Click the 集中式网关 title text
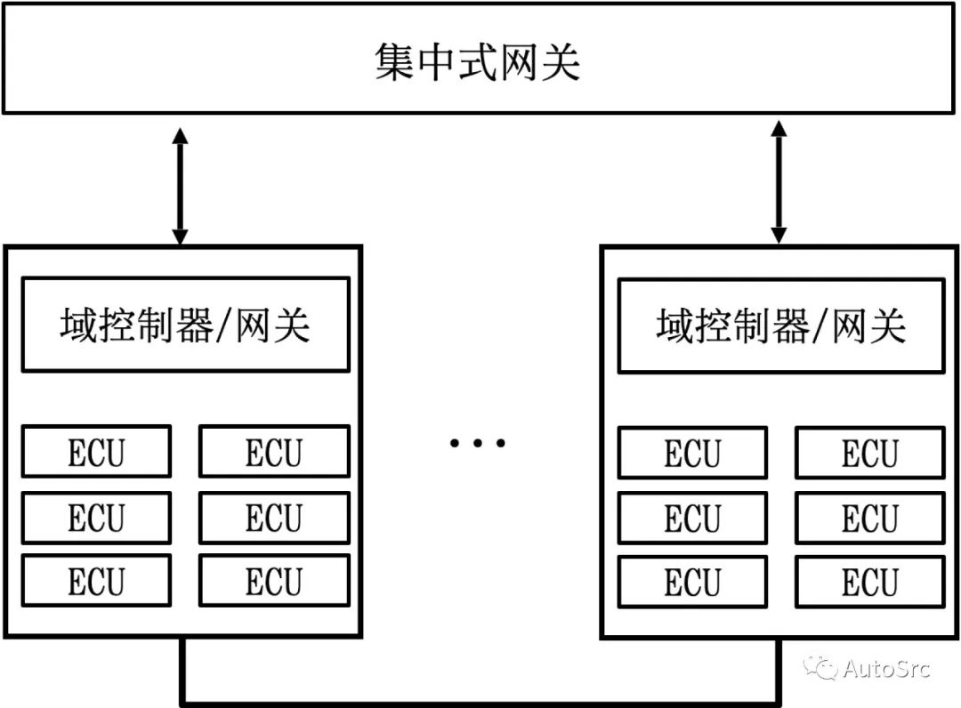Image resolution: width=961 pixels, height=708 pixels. [x=478, y=62]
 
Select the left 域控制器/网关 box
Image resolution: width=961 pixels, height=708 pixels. [x=185, y=326]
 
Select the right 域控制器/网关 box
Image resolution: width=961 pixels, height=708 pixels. [x=781, y=326]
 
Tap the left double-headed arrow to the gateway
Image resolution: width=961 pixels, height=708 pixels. [x=181, y=186]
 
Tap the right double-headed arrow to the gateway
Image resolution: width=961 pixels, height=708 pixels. [x=779, y=182]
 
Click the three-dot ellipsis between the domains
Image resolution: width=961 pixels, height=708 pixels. [x=478, y=442]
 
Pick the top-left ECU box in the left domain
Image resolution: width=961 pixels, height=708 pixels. [x=96, y=452]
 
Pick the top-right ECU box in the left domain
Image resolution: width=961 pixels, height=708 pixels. [x=274, y=452]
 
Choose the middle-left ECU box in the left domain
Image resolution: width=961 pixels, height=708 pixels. [x=96, y=517]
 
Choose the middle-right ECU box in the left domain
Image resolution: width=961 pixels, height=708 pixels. [x=274, y=517]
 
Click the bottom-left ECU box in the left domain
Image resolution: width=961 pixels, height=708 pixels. [x=96, y=582]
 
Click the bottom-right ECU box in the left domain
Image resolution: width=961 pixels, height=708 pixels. [x=274, y=582]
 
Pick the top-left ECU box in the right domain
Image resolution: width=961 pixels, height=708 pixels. [x=692, y=454]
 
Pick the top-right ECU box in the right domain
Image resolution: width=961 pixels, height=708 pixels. [x=870, y=454]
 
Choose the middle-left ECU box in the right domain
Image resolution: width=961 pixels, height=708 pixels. [x=692, y=518]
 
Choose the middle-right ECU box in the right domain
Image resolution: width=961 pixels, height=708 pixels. [x=870, y=518]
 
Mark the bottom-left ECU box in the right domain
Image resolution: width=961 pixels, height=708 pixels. [x=692, y=583]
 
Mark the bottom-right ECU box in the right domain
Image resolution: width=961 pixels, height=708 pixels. [x=870, y=583]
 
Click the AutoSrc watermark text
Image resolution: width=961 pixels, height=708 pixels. [x=885, y=668]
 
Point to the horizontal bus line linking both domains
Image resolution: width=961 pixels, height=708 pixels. [x=480, y=702]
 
